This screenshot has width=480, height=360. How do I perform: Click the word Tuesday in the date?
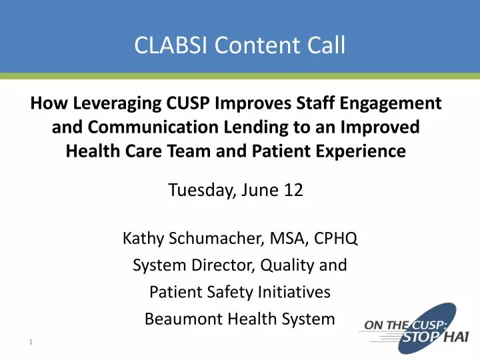click(199, 190)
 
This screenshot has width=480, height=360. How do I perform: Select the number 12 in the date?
click(294, 190)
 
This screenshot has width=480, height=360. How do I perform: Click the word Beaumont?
click(181, 319)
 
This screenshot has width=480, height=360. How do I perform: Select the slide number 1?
click(31, 343)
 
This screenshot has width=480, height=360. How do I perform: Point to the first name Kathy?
click(140, 239)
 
